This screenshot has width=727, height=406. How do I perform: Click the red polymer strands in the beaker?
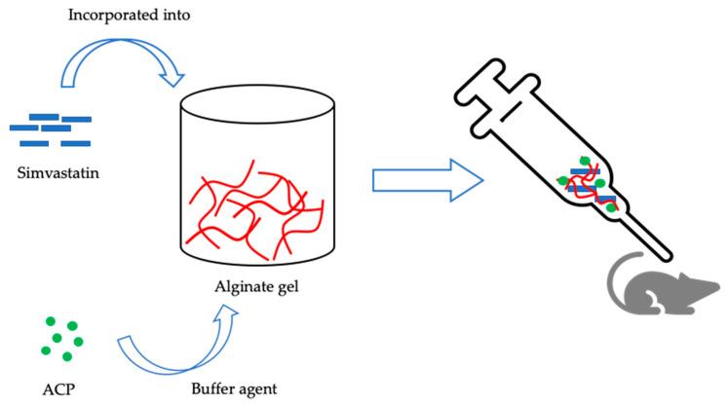click(254, 204)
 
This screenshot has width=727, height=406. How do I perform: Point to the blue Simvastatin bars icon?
click(50, 129)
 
